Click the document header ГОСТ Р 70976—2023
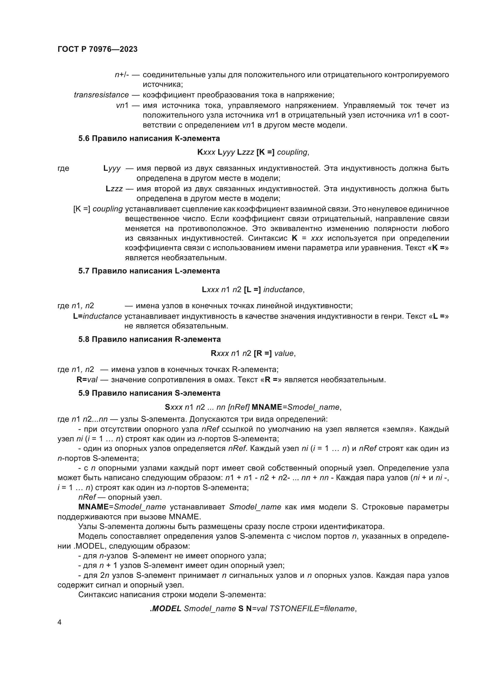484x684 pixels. tap(97, 49)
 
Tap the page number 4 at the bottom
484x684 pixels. tap(60, 622)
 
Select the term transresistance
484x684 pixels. tap(101, 95)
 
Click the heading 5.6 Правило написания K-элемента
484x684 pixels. tap(149, 138)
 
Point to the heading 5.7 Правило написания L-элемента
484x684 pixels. tap(149, 271)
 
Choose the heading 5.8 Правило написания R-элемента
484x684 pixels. tap(149, 339)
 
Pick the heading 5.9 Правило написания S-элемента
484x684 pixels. tap(149, 393)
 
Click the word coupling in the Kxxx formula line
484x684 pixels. tap(292, 152)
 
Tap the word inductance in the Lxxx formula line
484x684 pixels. tap(283, 290)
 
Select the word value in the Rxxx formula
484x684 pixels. tap(284, 353)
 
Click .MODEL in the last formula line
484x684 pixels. tap(165, 609)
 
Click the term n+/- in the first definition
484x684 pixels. tap(122, 75)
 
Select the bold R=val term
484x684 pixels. tap(87, 380)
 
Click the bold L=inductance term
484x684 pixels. tap(97, 316)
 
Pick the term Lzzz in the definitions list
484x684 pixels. tap(114, 189)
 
